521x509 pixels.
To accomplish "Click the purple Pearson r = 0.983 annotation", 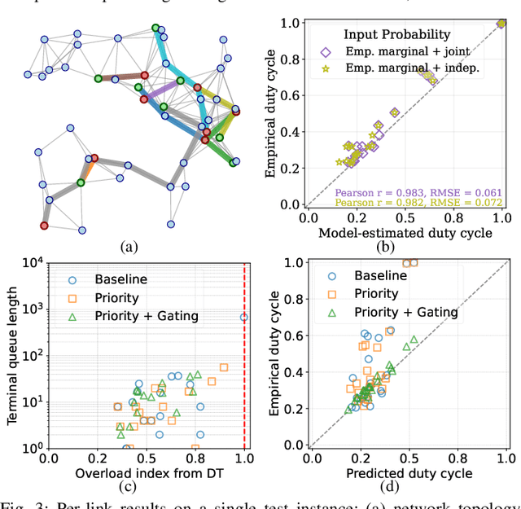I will point(418,193).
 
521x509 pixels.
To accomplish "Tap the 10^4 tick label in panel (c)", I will point(33,263).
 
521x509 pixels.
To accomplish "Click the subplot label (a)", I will point(129,246).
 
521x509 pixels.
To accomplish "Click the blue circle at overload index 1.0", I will point(244,317).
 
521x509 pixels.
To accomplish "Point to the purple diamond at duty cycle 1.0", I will point(501,24).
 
